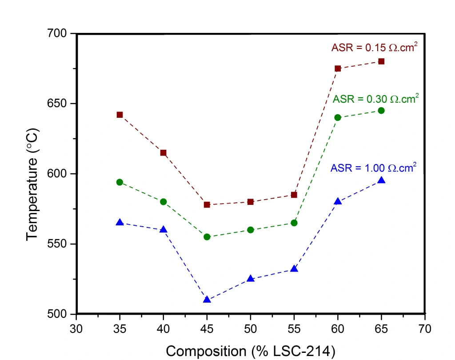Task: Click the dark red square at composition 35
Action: coord(120,115)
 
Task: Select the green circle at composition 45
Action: coord(207,237)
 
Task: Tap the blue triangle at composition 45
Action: coord(207,300)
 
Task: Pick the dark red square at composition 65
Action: coord(381,61)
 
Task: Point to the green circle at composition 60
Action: coord(338,117)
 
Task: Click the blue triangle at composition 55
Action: coord(294,269)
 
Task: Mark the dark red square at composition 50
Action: coord(250,202)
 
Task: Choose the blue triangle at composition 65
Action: coord(381,180)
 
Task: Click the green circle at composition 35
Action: coord(120,182)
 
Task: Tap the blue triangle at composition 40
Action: coord(163,229)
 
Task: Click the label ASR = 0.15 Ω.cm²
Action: coord(374,48)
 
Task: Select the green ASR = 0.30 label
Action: coord(375,99)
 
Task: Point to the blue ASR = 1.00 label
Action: coord(373,168)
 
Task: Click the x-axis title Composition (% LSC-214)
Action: coord(250,351)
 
